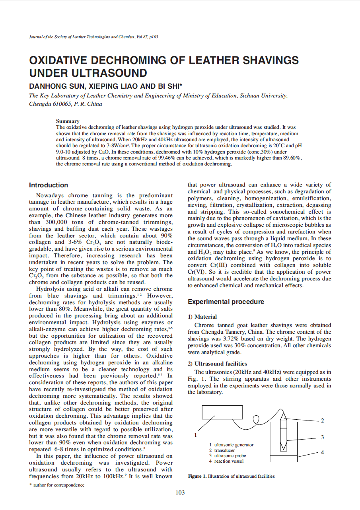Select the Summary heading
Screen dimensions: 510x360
[68, 121]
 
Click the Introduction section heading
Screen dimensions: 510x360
[49, 185]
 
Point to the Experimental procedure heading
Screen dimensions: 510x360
[226, 302]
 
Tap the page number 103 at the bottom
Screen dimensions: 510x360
[180, 492]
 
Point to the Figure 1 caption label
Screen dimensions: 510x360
[197, 476]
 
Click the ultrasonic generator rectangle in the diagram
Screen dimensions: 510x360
[222, 412]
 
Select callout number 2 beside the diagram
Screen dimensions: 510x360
[322, 420]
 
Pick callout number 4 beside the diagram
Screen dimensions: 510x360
[322, 452]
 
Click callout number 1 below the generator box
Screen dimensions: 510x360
[195, 435]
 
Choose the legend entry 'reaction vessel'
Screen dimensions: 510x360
[229, 461]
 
